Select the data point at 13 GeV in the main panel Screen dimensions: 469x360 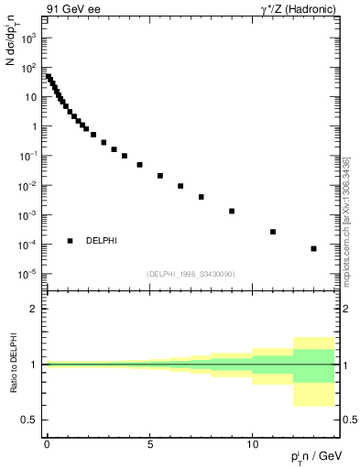(314, 248)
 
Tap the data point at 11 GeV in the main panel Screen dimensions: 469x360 (273, 232)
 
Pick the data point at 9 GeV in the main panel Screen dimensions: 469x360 (232, 211)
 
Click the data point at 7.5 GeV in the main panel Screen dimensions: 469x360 (201, 197)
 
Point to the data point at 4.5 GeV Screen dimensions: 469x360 (139, 165)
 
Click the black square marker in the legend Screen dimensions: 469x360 (71, 241)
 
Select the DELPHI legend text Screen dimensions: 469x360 (101, 241)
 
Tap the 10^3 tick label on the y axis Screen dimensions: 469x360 (30, 38)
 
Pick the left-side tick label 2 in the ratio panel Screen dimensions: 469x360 (34, 309)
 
